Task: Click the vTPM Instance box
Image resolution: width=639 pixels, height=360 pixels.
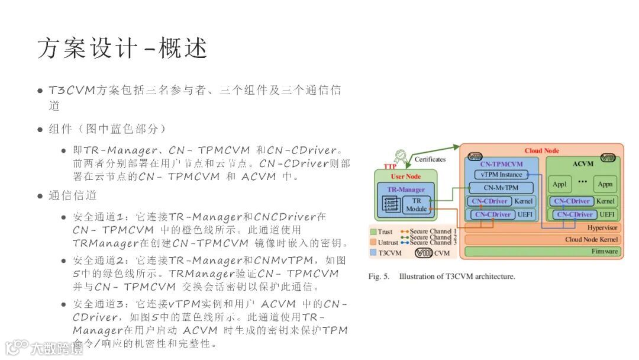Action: pos(502,175)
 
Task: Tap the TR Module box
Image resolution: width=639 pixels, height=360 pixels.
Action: pos(416,205)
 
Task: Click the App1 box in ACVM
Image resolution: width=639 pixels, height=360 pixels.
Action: pos(559,184)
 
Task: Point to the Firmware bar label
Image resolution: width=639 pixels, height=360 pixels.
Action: pos(604,252)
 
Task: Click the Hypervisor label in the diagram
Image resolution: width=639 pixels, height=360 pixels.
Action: pos(602,227)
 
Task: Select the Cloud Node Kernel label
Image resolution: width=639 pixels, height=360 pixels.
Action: pos(591,240)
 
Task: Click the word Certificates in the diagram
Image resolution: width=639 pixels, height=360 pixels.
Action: pos(430,159)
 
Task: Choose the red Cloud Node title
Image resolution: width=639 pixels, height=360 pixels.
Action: pos(541,151)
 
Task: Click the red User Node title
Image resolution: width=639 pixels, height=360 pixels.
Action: pos(405,176)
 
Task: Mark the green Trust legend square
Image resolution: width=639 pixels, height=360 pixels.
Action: pos(373,232)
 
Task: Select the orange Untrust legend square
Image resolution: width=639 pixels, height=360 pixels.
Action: pos(373,242)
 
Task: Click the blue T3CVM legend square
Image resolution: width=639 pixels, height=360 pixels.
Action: pos(373,253)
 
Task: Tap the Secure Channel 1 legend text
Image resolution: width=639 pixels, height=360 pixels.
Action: pos(433,232)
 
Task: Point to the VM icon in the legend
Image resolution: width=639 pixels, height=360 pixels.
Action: pos(424,253)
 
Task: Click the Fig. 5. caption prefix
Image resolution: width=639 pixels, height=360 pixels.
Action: pos(379,277)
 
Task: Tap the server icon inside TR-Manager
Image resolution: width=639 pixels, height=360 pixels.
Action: pos(392,205)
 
